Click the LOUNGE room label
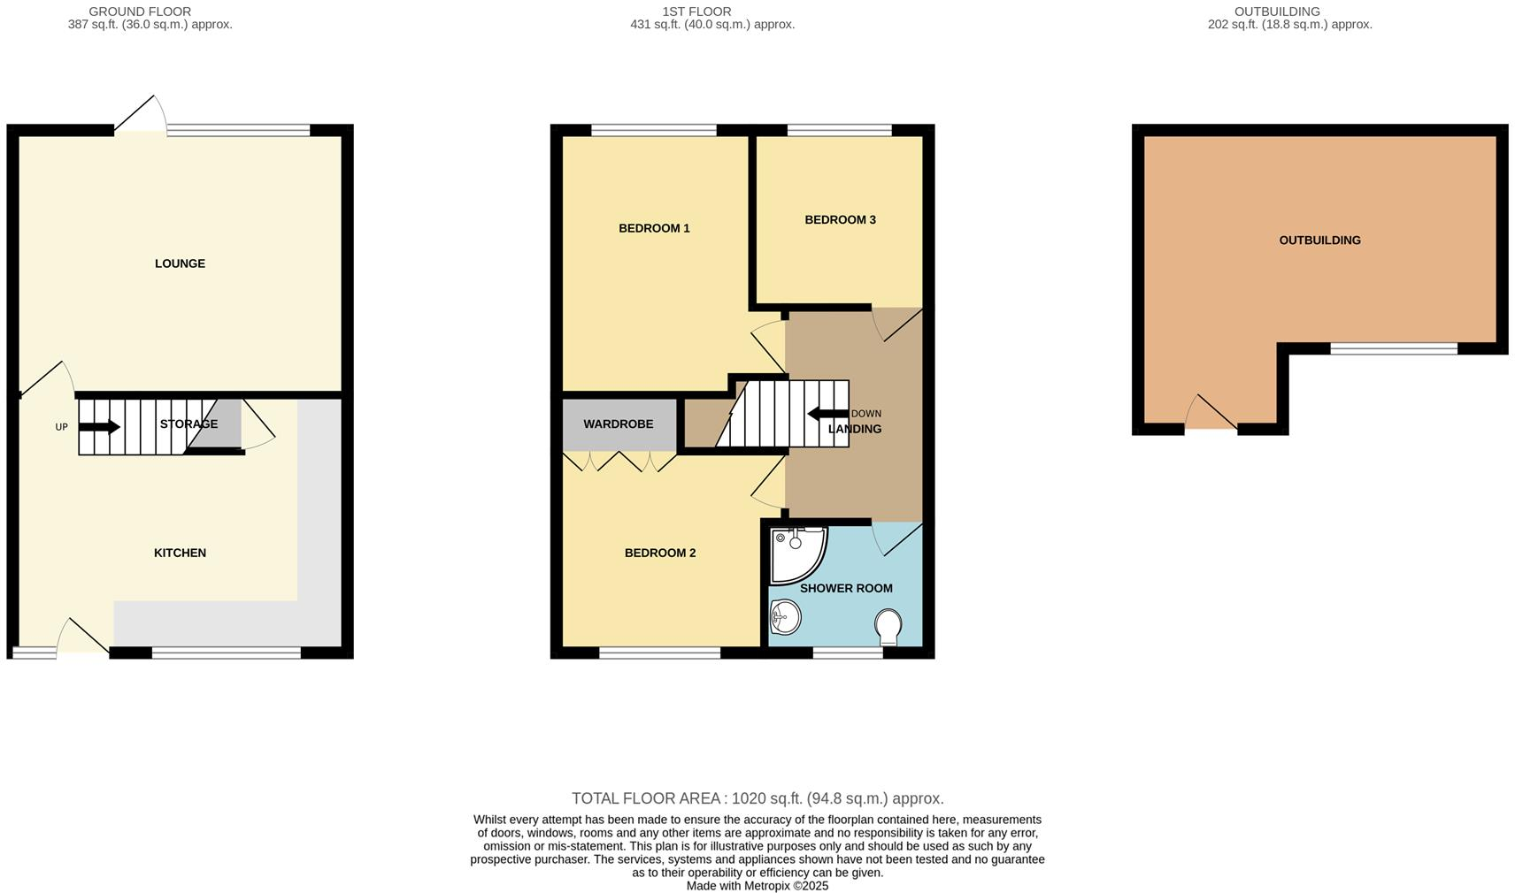pyautogui.click(x=180, y=263)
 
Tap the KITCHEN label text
pyautogui.click(x=180, y=553)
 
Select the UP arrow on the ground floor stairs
pyautogui.click(x=100, y=427)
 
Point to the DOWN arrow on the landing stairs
pyautogui.click(x=827, y=414)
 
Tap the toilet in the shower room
pyautogui.click(x=888, y=627)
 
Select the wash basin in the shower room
pyautogui.click(x=785, y=617)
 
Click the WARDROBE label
pyautogui.click(x=618, y=424)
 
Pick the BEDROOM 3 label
pyautogui.click(x=840, y=219)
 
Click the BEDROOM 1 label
pyautogui.click(x=654, y=228)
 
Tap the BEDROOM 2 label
pyautogui.click(x=660, y=553)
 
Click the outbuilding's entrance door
pyautogui.click(x=1211, y=416)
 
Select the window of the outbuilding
pyautogui.click(x=1394, y=349)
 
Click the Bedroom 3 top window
pyautogui.click(x=839, y=131)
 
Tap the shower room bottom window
pyautogui.click(x=848, y=653)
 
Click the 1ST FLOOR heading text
pyautogui.click(x=696, y=11)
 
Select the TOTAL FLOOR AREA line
pyautogui.click(x=757, y=798)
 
